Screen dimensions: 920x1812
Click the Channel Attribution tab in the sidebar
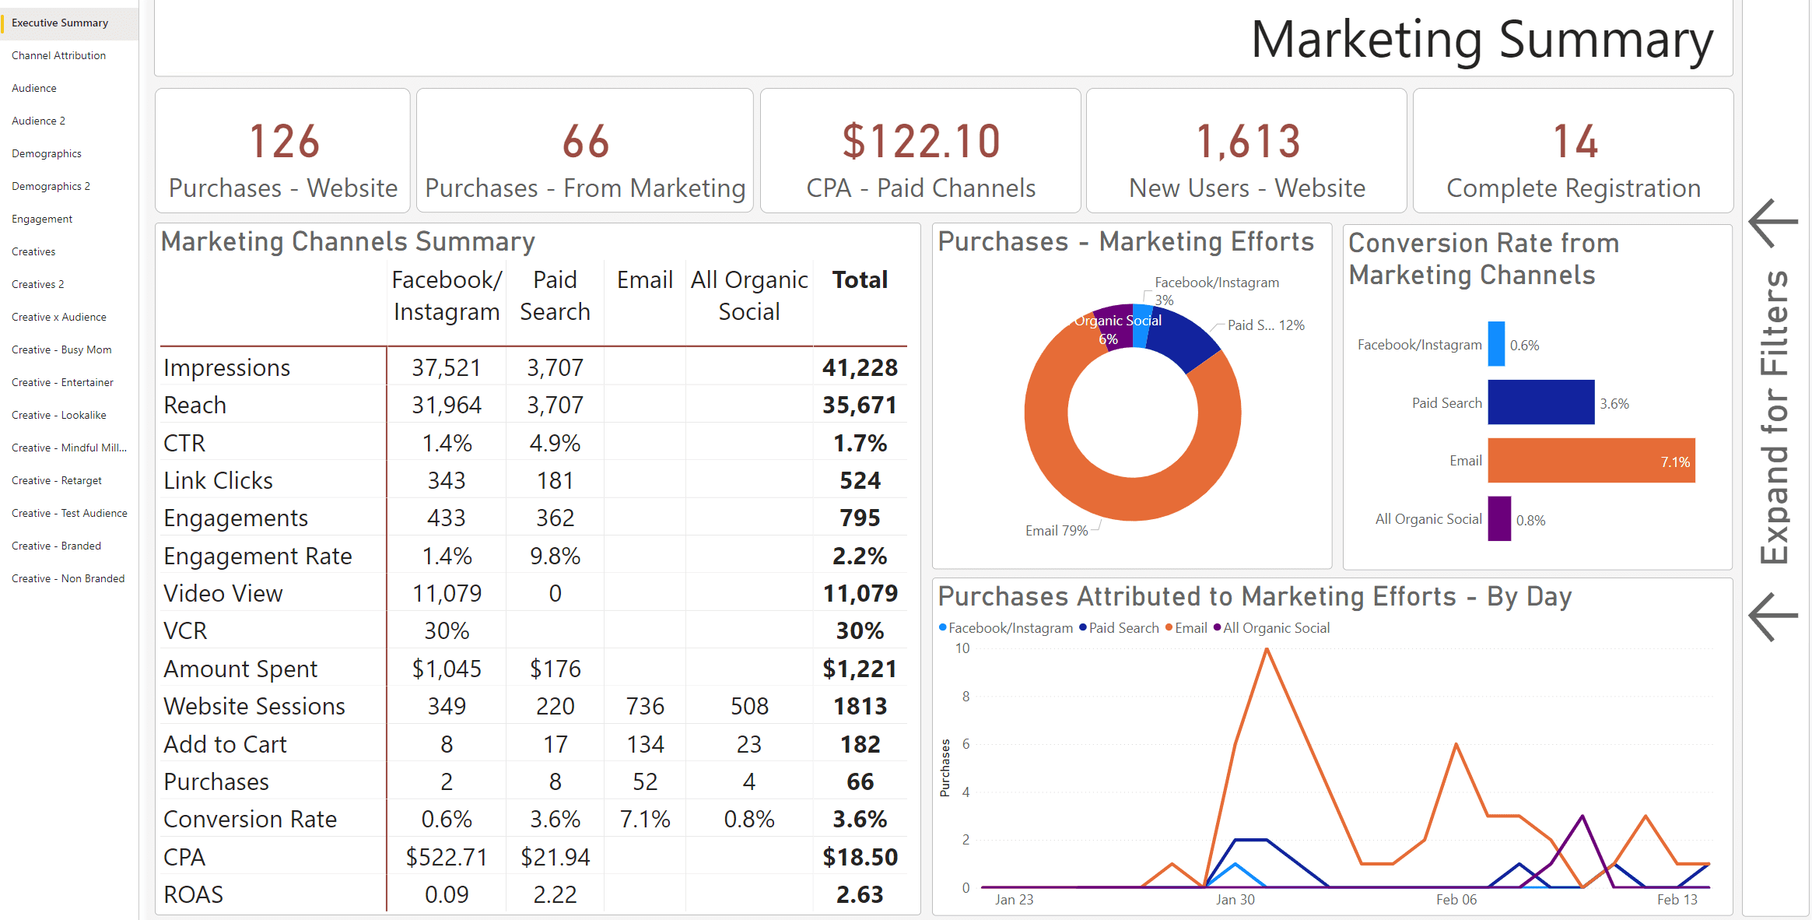coord(58,55)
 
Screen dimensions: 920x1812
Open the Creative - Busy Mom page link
coord(61,349)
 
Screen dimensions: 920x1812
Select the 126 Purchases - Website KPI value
coord(284,142)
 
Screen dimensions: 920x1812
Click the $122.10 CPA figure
coord(920,142)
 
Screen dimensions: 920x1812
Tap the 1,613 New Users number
coord(1247,142)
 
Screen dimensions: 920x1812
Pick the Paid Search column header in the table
coord(555,296)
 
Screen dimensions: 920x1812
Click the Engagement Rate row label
coord(258,556)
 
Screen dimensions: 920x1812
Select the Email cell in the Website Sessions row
coord(645,706)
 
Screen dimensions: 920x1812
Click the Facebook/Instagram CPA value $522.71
coord(446,857)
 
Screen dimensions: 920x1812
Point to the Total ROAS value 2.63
coord(859,894)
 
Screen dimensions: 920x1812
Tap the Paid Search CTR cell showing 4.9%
coord(555,443)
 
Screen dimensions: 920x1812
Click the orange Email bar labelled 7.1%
coord(1590,461)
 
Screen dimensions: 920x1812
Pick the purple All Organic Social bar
coord(1499,518)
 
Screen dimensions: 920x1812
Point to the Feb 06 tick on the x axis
coord(1456,900)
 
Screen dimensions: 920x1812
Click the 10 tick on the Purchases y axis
coord(962,648)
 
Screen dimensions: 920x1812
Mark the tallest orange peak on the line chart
coord(1267,650)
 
